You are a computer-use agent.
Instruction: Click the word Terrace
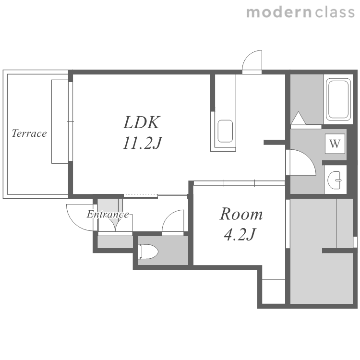(x=29, y=133)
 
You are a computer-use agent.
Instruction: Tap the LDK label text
(x=142, y=122)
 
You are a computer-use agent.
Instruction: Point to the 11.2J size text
(x=143, y=143)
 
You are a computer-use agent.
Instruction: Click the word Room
(x=241, y=214)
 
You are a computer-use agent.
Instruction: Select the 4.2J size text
(x=240, y=234)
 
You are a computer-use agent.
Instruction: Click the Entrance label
(x=108, y=215)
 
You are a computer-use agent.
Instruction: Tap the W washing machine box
(x=335, y=144)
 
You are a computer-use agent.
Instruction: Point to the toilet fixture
(x=148, y=252)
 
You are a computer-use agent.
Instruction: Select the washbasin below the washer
(x=335, y=180)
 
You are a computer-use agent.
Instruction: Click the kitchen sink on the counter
(x=225, y=131)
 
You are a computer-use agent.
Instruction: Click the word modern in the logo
(x=279, y=12)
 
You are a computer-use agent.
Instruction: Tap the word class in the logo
(x=335, y=12)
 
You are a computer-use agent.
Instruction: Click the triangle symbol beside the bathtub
(x=298, y=118)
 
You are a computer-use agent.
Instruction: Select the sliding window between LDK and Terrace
(x=71, y=121)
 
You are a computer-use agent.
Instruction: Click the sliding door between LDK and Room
(x=239, y=183)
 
